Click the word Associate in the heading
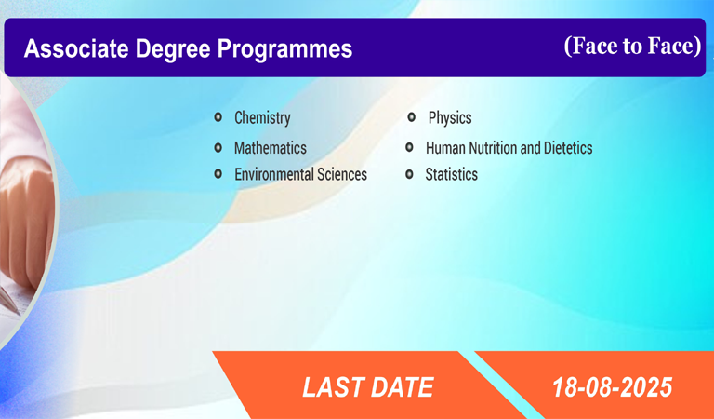76,48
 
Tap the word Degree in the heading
173,49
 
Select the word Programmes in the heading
284,49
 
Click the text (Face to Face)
632,46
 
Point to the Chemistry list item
262,117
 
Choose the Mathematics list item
270,148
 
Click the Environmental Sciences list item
300,174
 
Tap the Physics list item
450,117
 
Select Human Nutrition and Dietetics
509,148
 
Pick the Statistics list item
451,174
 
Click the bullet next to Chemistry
218,117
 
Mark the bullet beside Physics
411,117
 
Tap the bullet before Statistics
409,174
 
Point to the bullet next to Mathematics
218,147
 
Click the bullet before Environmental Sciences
218,174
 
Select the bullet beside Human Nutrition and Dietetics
409,147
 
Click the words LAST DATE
368,387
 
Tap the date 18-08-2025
612,387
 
